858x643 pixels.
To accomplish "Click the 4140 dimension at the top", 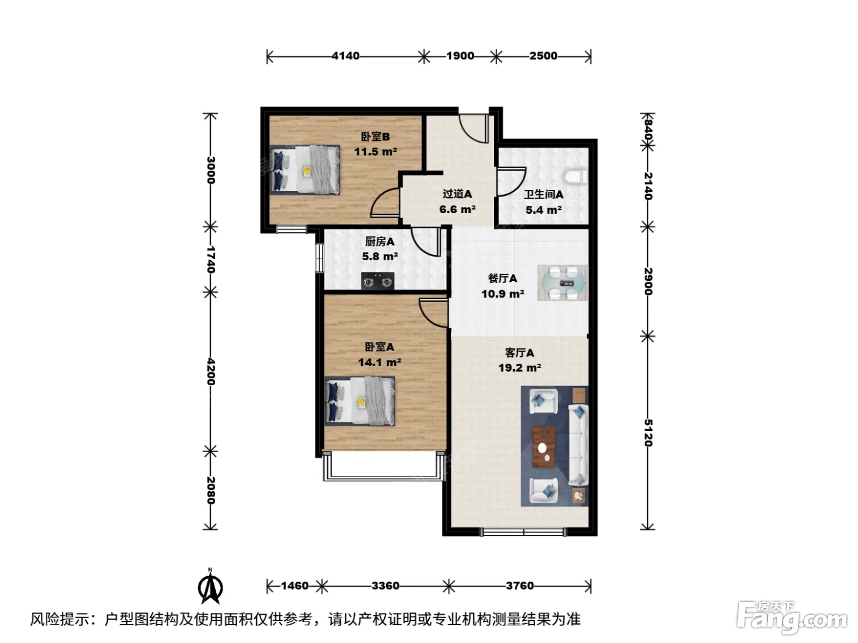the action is [x=346, y=56].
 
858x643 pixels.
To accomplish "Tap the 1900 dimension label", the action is [x=460, y=56].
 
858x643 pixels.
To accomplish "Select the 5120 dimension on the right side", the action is [x=648, y=432].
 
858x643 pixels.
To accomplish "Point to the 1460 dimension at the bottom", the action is [x=295, y=585].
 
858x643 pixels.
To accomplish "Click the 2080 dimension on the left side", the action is [x=211, y=491].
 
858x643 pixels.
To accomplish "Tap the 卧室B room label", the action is [x=375, y=137].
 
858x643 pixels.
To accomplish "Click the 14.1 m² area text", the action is [x=379, y=363].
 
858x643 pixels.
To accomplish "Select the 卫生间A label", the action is [x=544, y=194].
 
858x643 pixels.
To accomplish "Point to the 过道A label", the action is [x=457, y=194].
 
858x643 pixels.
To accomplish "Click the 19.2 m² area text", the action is [x=520, y=367].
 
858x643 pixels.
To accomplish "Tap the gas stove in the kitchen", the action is [x=378, y=281].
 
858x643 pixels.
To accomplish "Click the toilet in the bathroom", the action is [x=576, y=177].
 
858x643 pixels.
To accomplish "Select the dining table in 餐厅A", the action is [x=563, y=283].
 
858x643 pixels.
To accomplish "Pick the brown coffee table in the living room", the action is [x=544, y=446].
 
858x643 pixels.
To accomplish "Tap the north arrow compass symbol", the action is [x=210, y=587].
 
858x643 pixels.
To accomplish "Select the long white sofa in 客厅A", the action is [x=578, y=445].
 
